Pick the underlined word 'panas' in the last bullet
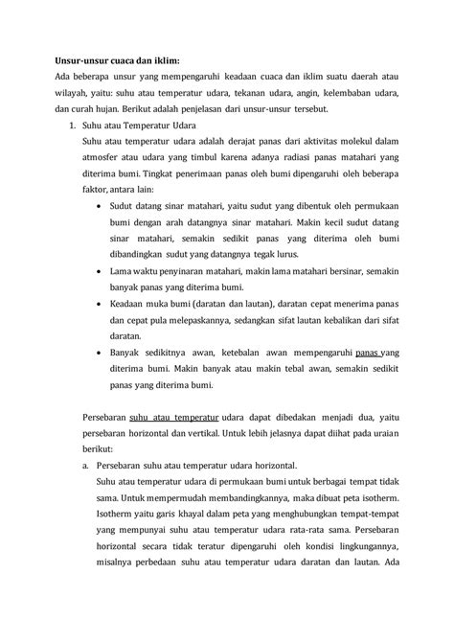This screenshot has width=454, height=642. click(x=371, y=353)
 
